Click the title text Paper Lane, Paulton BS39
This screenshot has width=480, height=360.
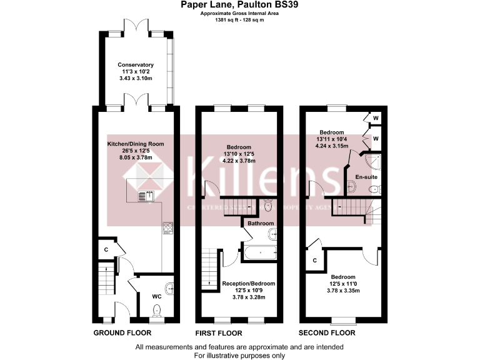240,5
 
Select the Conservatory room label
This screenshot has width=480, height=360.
136,65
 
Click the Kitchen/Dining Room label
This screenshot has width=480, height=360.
136,144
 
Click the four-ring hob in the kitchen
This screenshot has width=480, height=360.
167,228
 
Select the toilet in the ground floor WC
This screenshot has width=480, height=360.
157,309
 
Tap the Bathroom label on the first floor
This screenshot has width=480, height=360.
260,223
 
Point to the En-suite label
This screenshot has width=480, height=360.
367,177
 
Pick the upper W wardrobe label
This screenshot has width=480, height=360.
376,117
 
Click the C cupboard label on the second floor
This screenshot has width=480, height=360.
315,259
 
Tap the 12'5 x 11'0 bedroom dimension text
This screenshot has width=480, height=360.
343,284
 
